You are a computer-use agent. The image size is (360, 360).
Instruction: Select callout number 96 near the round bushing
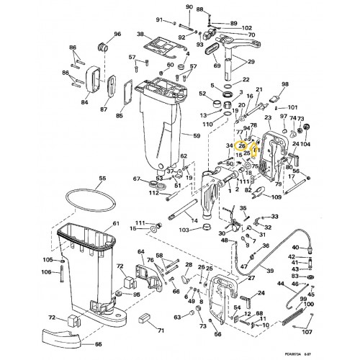117,34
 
